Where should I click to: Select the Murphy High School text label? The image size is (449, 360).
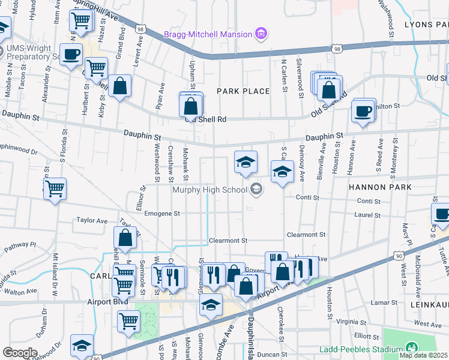209,190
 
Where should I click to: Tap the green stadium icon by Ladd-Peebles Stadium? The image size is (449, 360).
411,347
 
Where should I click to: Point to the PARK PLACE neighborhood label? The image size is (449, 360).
243,91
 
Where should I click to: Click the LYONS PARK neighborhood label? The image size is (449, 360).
426,25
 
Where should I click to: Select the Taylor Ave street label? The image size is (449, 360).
92,220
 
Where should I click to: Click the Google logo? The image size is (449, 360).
20,353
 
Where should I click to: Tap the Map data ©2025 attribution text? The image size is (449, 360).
424,355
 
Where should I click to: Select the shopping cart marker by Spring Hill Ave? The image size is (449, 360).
80,20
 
